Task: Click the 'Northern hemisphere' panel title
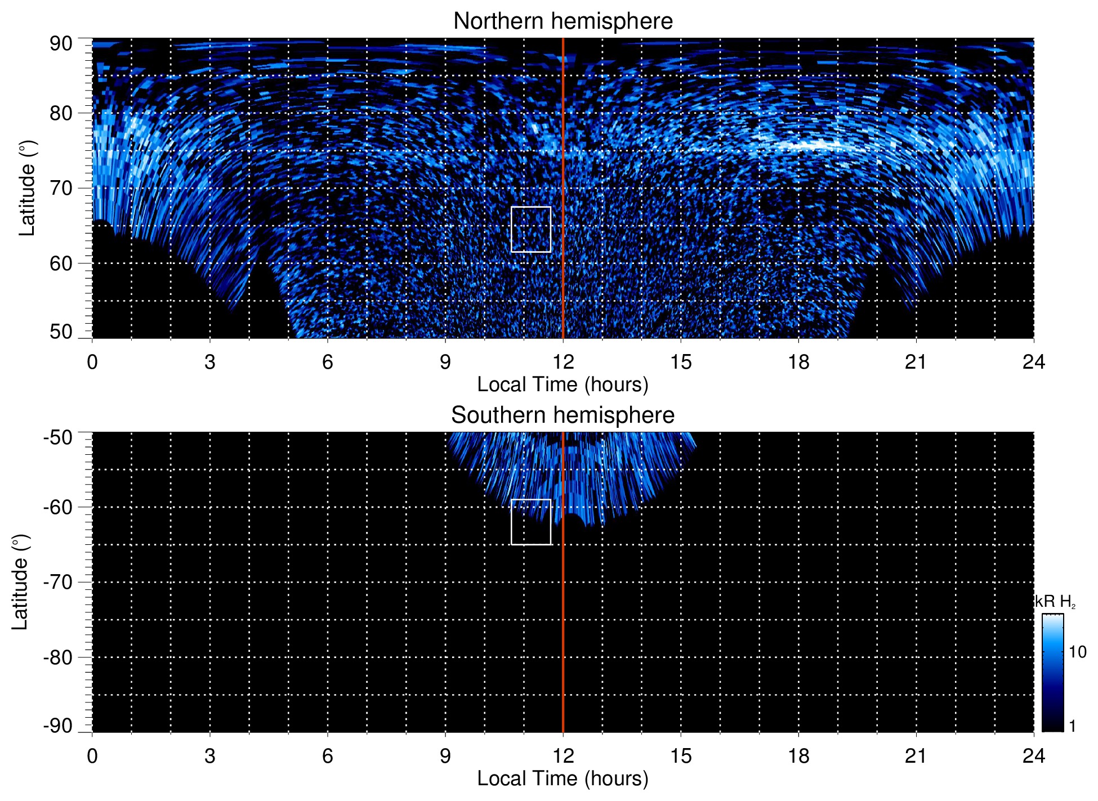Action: click(563, 21)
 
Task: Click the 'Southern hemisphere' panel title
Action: click(563, 415)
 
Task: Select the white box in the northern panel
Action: click(530, 229)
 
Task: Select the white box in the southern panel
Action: click(530, 522)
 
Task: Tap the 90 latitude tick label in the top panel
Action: click(61, 44)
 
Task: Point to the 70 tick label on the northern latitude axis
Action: click(61, 188)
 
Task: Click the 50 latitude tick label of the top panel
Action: click(61, 332)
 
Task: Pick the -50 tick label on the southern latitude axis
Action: click(57, 437)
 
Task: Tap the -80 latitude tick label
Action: click(57, 657)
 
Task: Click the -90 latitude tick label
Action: click(57, 726)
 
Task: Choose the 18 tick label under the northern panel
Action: click(798, 362)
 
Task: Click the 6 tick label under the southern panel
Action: click(327, 756)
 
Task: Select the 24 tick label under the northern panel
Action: click(1033, 362)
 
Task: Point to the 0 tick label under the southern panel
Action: click(92, 756)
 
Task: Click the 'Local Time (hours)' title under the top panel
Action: click(563, 384)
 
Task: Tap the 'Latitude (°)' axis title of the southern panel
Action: click(20, 582)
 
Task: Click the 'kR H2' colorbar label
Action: click(1055, 602)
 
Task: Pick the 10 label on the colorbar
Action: click(1077, 652)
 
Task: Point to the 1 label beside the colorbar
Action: click(1072, 726)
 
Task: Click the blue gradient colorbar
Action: click(1052, 673)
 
